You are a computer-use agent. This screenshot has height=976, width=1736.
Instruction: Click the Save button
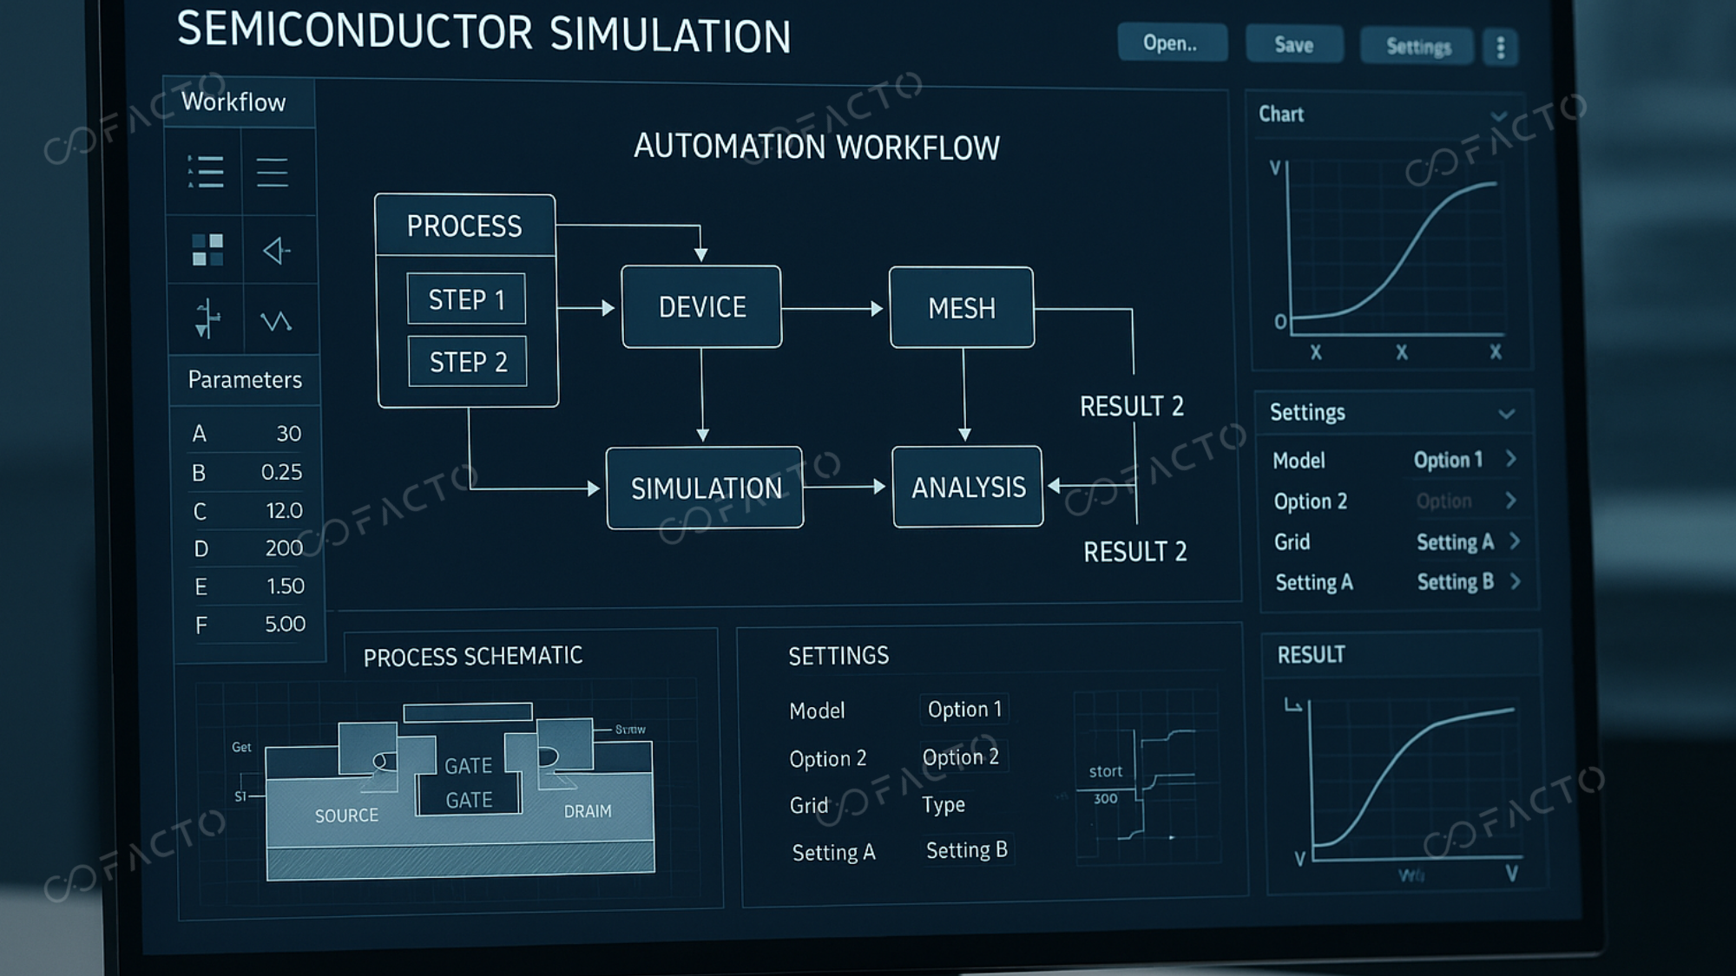click(x=1293, y=45)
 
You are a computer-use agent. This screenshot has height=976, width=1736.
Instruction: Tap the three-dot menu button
click(x=1501, y=48)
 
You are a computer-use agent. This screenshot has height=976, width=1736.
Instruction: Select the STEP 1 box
click(x=466, y=299)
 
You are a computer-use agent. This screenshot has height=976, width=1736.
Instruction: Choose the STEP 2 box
click(x=468, y=362)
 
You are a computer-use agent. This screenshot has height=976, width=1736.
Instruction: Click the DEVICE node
click(x=701, y=307)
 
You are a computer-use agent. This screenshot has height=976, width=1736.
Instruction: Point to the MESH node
click(x=962, y=308)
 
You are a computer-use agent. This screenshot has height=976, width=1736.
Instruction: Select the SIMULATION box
click(x=705, y=488)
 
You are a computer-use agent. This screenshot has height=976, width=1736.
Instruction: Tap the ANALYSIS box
click(x=968, y=488)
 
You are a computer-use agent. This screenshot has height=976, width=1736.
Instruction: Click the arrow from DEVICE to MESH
click(x=833, y=308)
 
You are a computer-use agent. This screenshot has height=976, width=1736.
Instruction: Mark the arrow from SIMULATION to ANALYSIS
click(x=846, y=487)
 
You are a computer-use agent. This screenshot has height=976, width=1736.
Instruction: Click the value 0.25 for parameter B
click(x=281, y=472)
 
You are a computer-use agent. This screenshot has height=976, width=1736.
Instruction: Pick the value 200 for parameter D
click(x=284, y=548)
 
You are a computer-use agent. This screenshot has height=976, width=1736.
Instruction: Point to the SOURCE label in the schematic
click(x=346, y=816)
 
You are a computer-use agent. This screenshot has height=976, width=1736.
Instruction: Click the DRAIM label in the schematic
click(x=588, y=811)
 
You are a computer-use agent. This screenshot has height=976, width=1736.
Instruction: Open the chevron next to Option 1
click(x=1511, y=459)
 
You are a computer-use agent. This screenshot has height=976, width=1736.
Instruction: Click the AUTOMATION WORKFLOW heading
click(x=816, y=147)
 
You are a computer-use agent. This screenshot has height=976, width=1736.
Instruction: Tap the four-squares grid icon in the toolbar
click(x=207, y=250)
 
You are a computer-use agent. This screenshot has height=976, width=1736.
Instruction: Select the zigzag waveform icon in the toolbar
click(x=276, y=322)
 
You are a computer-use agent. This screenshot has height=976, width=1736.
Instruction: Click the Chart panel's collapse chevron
click(x=1498, y=116)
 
